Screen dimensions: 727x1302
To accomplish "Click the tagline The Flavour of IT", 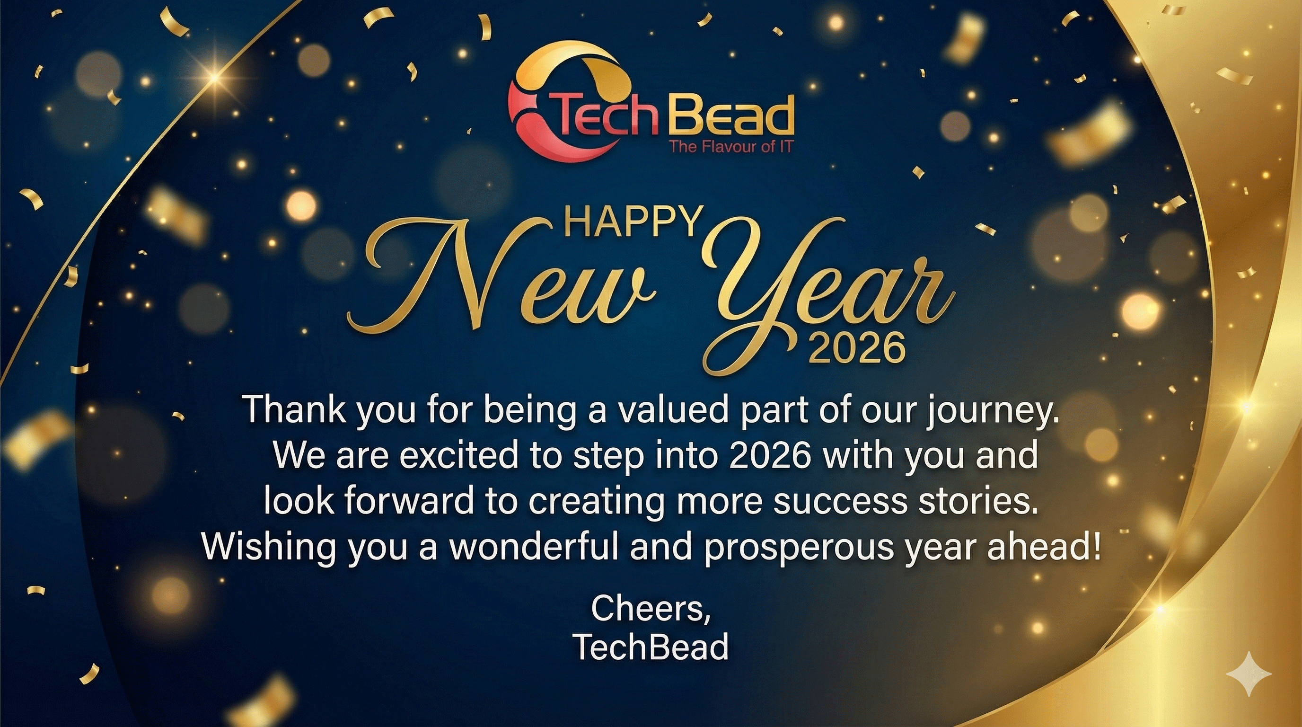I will pos(731,147).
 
